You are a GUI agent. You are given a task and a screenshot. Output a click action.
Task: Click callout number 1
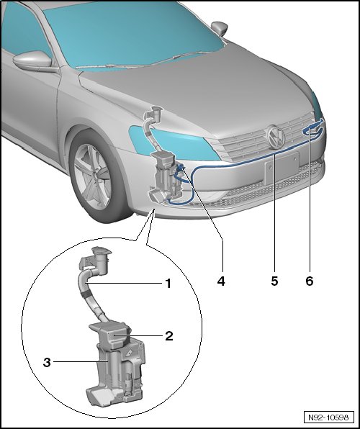168,284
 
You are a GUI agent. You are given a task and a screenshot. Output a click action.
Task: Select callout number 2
169,336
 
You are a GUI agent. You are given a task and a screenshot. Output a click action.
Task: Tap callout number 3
47,363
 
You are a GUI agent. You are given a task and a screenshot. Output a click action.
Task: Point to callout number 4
221,281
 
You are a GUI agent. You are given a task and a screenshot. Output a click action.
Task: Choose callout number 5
274,281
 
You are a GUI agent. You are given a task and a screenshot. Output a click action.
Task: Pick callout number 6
310,281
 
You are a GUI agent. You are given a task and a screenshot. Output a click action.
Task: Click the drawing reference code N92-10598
328,417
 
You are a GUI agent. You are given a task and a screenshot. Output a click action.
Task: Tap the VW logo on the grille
276,137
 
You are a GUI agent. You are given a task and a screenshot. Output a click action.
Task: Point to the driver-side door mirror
33,60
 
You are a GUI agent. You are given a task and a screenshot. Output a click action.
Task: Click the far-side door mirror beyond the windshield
220,28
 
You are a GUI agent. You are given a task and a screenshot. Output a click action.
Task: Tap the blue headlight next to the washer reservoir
175,144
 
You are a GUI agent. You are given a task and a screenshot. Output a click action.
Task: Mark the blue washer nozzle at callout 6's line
312,129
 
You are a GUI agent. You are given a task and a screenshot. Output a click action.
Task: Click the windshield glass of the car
132,33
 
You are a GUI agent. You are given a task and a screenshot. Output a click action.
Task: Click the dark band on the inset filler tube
88,295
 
